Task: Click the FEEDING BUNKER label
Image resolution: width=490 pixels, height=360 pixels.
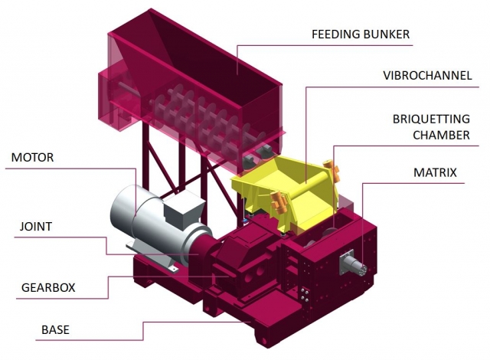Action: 361,35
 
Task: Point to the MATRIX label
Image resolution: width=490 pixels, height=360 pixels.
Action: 431,173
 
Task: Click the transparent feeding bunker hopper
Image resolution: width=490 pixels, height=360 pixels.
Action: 191,69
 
